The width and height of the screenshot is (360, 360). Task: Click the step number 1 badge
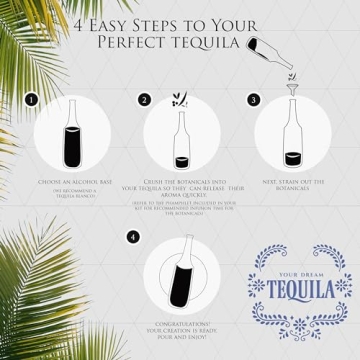(31, 100)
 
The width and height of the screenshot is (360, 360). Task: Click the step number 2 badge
(144, 100)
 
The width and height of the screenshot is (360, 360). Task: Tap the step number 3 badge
(254, 100)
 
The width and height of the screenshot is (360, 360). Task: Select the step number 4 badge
(133, 237)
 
